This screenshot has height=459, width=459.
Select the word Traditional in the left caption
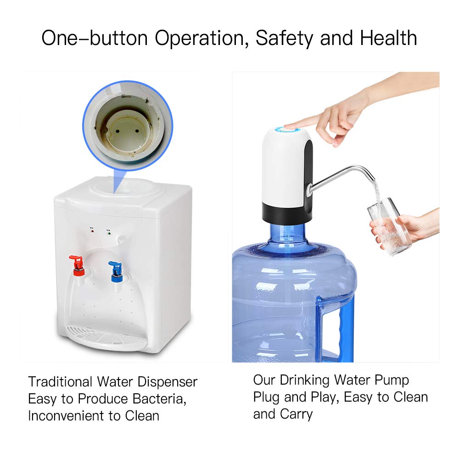[60, 381]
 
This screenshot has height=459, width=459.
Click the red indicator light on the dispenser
[93, 231]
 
